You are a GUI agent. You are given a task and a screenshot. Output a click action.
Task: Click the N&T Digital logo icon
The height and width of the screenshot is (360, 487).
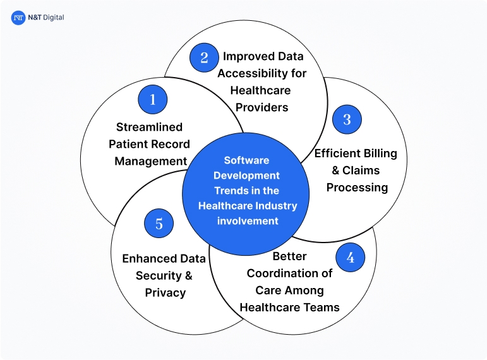(x=18, y=18)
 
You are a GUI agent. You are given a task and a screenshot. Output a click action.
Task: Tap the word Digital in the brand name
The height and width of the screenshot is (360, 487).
(x=52, y=18)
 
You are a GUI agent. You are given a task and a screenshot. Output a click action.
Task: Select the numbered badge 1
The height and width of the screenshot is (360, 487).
(x=153, y=99)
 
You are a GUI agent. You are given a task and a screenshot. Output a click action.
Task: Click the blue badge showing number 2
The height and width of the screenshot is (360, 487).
(x=204, y=57)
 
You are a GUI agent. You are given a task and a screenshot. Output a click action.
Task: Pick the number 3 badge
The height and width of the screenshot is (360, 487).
(x=346, y=119)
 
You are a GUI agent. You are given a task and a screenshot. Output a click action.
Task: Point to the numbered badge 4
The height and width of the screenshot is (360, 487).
(x=350, y=258)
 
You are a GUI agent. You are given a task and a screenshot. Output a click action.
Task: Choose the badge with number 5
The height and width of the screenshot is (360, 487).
(x=159, y=224)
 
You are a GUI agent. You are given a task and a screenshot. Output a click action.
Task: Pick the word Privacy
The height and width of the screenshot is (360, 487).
(x=165, y=292)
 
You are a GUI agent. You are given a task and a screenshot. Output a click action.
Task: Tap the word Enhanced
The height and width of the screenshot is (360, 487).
(x=145, y=258)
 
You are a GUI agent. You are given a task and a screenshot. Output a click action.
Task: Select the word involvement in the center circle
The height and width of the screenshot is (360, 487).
(x=248, y=220)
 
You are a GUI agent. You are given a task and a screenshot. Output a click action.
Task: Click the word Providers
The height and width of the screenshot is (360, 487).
(x=262, y=107)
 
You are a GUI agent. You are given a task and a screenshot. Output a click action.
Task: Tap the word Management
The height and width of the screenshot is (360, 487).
(x=151, y=161)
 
